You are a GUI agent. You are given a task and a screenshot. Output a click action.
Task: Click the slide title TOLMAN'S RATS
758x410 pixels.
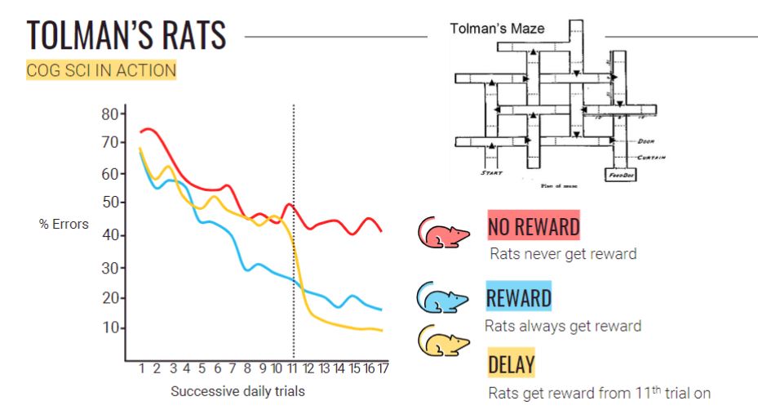pyautogui.click(x=126, y=37)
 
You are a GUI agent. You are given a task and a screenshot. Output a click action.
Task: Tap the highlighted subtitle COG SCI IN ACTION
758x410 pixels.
pyautogui.click(x=101, y=70)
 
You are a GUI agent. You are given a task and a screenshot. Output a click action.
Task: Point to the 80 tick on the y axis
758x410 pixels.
pyautogui.click(x=110, y=114)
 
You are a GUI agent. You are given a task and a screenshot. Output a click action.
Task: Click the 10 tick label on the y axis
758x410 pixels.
pyautogui.click(x=110, y=328)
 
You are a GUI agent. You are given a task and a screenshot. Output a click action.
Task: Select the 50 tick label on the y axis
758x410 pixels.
pyautogui.click(x=110, y=203)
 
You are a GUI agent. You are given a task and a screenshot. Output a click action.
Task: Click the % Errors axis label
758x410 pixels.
pyautogui.click(x=64, y=224)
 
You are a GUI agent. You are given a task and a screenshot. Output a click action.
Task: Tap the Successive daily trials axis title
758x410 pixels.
pyautogui.click(x=237, y=391)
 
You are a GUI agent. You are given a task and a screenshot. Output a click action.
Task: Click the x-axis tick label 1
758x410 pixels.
pyautogui.click(x=141, y=368)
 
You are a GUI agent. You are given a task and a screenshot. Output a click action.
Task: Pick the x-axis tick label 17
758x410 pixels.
pyautogui.click(x=382, y=368)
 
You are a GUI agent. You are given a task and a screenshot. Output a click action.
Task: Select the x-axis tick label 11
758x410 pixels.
pyautogui.click(x=292, y=368)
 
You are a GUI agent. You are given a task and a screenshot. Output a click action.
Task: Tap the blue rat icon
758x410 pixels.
pyautogui.click(x=441, y=299)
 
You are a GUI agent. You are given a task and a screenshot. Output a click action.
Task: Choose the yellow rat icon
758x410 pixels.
pyautogui.click(x=441, y=342)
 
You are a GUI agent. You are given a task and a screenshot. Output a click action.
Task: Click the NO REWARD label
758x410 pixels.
pyautogui.click(x=534, y=226)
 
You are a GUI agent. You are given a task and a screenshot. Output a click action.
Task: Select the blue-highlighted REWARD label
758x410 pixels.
pyautogui.click(x=518, y=297)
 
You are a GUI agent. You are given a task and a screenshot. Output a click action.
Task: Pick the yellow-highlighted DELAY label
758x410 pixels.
pyautogui.click(x=511, y=363)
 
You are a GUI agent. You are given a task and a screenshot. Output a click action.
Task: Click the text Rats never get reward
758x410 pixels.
pyautogui.click(x=563, y=254)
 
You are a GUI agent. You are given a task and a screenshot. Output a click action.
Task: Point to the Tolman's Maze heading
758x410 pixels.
pyautogui.click(x=497, y=29)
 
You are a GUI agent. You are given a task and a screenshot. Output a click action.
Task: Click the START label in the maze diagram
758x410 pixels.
pyautogui.click(x=491, y=173)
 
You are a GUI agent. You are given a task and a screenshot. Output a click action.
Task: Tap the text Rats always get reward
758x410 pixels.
pyautogui.click(x=563, y=326)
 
